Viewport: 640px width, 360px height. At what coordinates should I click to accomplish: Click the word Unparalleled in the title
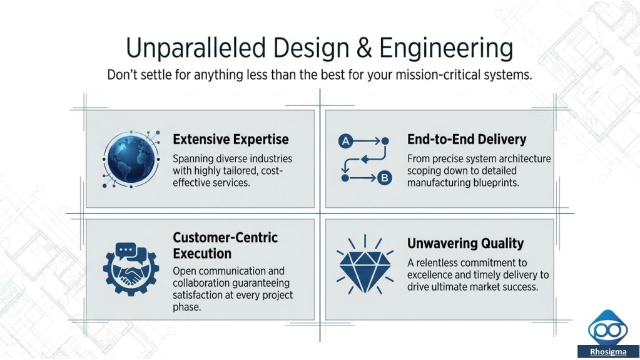(x=196, y=48)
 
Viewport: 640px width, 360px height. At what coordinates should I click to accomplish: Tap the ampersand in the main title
(x=363, y=48)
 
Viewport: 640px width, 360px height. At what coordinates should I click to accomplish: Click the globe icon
(x=131, y=159)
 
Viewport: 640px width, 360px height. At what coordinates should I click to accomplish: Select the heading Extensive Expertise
(x=231, y=140)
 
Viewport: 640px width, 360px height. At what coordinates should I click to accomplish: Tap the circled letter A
(x=345, y=141)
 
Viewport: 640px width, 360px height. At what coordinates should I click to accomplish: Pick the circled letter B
(x=385, y=178)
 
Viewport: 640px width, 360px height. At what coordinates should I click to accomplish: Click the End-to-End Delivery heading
(x=467, y=140)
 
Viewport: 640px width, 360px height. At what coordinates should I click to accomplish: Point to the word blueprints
(x=496, y=183)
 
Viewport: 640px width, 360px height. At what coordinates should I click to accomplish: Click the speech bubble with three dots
(x=125, y=250)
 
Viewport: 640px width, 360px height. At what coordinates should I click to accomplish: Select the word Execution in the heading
(x=202, y=254)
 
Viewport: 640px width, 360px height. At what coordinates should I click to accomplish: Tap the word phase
(x=187, y=307)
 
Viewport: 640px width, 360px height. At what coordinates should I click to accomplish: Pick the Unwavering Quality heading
(x=465, y=244)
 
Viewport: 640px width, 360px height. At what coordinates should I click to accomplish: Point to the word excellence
(x=431, y=275)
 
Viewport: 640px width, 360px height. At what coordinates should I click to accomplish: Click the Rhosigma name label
(x=608, y=352)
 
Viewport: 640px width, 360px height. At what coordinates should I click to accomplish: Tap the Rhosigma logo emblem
(x=607, y=327)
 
